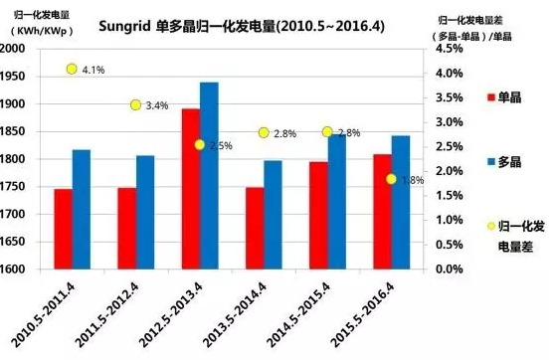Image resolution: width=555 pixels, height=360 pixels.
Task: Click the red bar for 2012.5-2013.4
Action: (x=191, y=189)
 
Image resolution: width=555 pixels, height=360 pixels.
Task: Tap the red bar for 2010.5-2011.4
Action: (x=63, y=229)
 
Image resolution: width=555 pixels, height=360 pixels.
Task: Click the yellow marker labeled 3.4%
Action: (x=136, y=105)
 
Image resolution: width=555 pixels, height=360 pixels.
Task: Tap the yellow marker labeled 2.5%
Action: (x=200, y=145)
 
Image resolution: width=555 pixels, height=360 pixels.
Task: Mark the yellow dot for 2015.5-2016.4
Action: (x=391, y=179)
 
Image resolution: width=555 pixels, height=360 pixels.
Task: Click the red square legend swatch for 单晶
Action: (x=490, y=97)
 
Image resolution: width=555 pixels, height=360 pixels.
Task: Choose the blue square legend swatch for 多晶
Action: (x=490, y=160)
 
